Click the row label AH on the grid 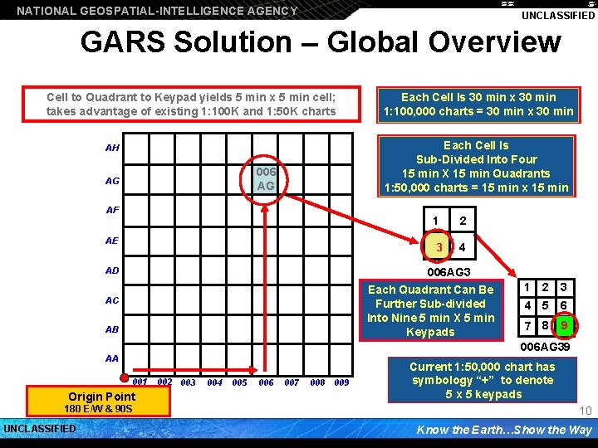coord(113,149)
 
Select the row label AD coord(113,270)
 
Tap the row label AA coord(113,359)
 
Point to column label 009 coord(341,382)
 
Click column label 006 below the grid coord(266,382)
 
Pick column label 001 coord(140,382)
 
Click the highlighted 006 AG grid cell coord(266,178)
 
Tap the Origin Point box coord(102,397)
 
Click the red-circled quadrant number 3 coord(438,247)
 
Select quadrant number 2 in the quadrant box coord(463,221)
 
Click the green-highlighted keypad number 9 coord(564,326)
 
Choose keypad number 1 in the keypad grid coord(525,287)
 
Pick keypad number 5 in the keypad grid coord(545,305)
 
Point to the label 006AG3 coord(448,272)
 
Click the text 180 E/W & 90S coord(97,409)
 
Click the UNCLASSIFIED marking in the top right coord(558,16)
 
